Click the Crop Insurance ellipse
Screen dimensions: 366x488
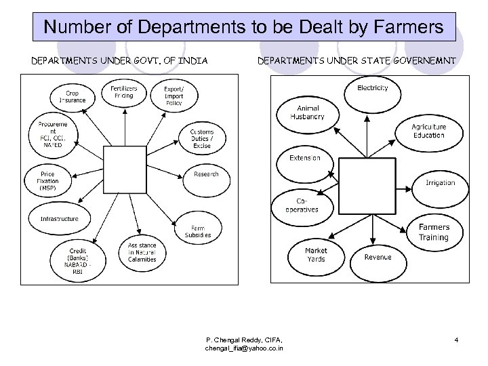pyautogui.click(x=73, y=97)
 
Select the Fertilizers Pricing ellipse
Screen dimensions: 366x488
pyautogui.click(x=124, y=92)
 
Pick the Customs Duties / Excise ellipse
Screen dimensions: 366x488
pyautogui.click(x=201, y=138)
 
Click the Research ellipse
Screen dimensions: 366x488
pyautogui.click(x=205, y=174)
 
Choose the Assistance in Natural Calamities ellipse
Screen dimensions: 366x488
pyautogui.click(x=142, y=252)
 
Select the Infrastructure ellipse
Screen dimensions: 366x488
pyautogui.click(x=59, y=218)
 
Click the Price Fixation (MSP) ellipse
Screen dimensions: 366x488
pyautogui.click(x=49, y=180)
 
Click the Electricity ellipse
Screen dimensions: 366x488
pyautogui.click(x=372, y=89)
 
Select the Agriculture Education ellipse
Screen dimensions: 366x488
pyautogui.click(x=428, y=131)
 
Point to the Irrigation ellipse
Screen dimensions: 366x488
pyautogui.click(x=439, y=183)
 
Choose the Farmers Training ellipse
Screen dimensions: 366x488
pyautogui.click(x=433, y=232)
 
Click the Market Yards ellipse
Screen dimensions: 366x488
pyautogui.click(x=315, y=255)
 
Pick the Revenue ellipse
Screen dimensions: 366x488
pyautogui.click(x=378, y=258)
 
